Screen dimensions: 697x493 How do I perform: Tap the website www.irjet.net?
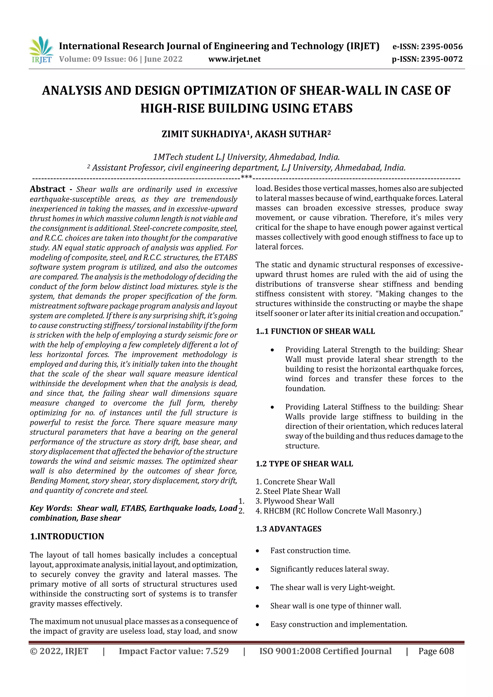[234, 59]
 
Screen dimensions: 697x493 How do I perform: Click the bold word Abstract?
[47, 189]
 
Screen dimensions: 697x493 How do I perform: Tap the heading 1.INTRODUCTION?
[67, 537]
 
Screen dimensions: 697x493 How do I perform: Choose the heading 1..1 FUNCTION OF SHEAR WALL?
[315, 331]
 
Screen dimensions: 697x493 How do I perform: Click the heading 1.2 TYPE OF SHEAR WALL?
[304, 464]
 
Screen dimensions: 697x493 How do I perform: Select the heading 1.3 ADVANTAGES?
[288, 529]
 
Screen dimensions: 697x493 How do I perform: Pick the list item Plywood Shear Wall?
[298, 501]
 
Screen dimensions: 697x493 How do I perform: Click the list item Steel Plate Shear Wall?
[302, 492]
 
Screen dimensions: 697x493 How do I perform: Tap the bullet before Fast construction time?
[258, 551]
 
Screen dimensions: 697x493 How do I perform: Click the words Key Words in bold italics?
[50, 508]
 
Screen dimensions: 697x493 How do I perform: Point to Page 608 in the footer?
[436, 651]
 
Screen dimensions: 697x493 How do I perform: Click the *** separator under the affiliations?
[246, 177]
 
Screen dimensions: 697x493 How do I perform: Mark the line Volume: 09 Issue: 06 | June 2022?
[121, 59]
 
